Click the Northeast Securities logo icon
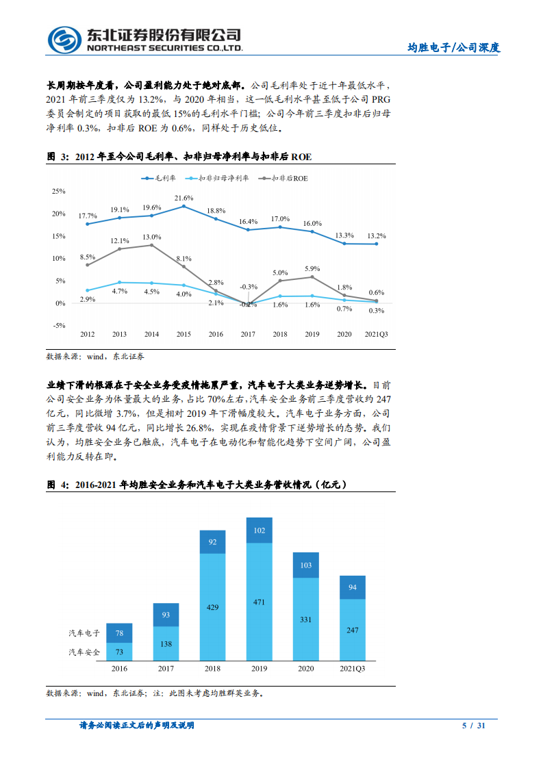click(66, 40)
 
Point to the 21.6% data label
click(184, 198)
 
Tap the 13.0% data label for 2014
click(151, 237)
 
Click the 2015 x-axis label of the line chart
click(184, 334)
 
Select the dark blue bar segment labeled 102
click(259, 530)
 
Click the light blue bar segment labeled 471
click(259, 602)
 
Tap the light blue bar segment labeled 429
click(213, 607)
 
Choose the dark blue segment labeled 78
click(119, 633)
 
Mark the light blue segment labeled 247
click(352, 630)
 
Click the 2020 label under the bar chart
click(305, 668)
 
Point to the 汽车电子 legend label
click(84, 633)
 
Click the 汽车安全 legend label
click(84, 652)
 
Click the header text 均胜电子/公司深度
click(454, 48)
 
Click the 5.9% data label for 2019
click(312, 268)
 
